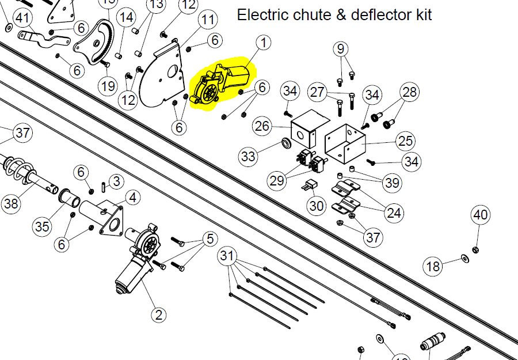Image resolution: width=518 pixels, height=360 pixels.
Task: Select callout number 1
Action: [x=264, y=43]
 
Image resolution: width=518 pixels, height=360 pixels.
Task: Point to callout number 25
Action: [x=406, y=140]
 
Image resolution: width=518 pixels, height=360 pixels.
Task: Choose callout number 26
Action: [x=262, y=126]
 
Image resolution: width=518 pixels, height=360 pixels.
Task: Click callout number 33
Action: [x=248, y=156]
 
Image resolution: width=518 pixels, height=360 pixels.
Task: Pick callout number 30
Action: [x=316, y=206]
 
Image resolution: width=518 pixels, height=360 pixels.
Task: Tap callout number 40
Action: [x=481, y=215]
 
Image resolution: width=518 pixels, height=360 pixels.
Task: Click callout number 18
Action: [x=433, y=266]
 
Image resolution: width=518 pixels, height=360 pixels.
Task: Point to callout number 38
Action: [x=10, y=203]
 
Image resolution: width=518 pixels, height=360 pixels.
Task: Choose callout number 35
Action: [x=41, y=226]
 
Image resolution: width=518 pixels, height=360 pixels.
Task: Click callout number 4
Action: [x=132, y=198]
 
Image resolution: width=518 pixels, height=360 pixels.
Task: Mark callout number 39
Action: [x=393, y=183]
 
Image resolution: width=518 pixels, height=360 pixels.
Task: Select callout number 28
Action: [x=409, y=92]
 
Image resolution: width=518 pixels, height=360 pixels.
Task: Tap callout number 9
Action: [x=340, y=49]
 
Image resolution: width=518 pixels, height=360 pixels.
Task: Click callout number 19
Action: [x=107, y=86]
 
